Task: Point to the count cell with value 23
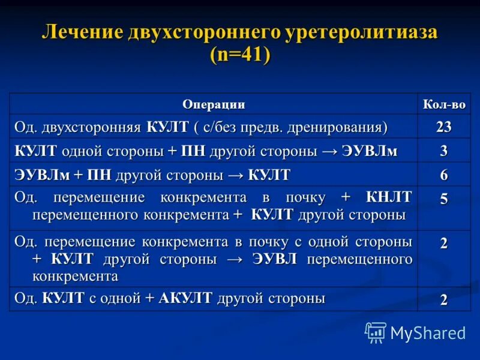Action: pyautogui.click(x=444, y=127)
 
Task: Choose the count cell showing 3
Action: pyautogui.click(x=444, y=151)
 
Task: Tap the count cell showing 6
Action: pyautogui.click(x=444, y=175)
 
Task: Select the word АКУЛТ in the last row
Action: pyautogui.click(x=185, y=298)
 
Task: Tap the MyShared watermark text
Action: pyautogui.click(x=428, y=333)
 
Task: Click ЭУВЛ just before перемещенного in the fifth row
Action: pyautogui.click(x=275, y=259)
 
